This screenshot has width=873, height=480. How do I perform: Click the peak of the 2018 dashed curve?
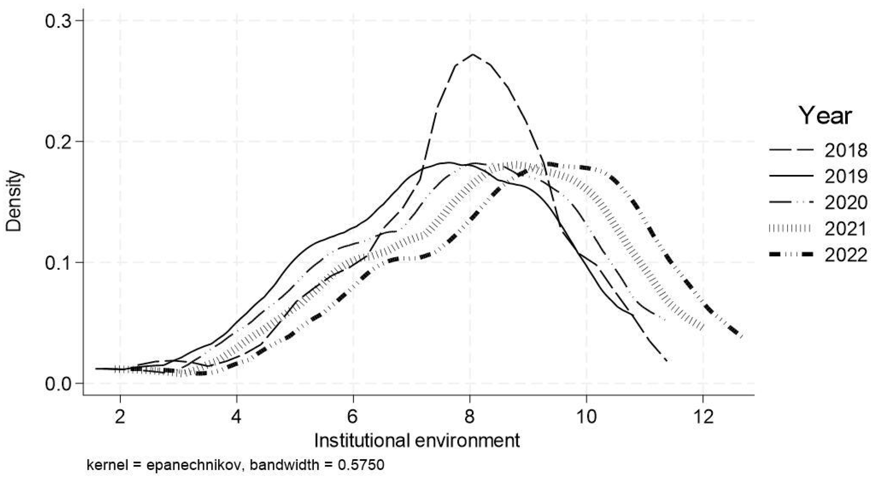473,54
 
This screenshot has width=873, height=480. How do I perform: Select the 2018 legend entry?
817,150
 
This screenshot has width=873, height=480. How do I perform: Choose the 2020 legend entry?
817,203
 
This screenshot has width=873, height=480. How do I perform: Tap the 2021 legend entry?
817,229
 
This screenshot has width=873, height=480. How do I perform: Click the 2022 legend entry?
817,255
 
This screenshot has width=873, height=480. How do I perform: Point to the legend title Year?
825,116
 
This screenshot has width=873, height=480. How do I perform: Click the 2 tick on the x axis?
120,417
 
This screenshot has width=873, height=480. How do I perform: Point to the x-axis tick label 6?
353,417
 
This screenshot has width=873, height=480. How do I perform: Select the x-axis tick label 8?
470,417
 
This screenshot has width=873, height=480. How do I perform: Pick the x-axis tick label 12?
703,417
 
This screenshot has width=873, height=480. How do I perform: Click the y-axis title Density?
15,201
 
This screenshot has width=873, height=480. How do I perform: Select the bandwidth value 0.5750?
361,465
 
